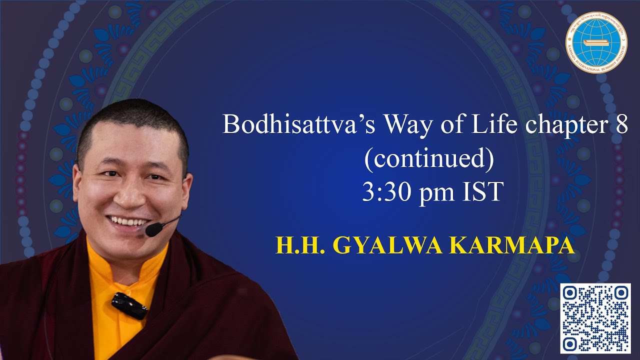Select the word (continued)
pyautogui.click(x=428, y=159)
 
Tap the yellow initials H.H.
pyautogui.click(x=299, y=246)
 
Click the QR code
pyautogui.click(x=594, y=318)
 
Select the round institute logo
pyautogui.click(x=596, y=42)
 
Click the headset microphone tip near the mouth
pyautogui.click(x=153, y=229)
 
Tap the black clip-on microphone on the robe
pyautogui.click(x=129, y=305)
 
